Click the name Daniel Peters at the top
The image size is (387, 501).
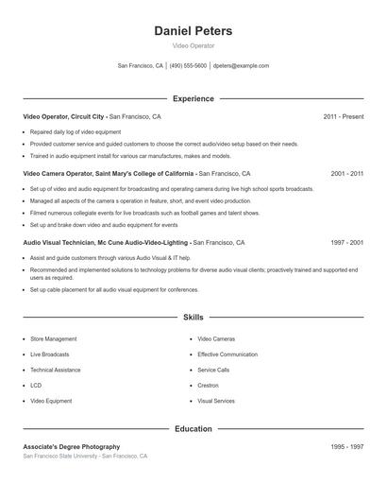[x=193, y=31]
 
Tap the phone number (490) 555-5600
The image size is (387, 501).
[x=188, y=66]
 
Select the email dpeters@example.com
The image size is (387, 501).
[x=241, y=66]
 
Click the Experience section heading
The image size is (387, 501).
[x=193, y=98]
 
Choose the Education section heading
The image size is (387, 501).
[x=193, y=429]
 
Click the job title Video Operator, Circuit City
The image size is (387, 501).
[x=64, y=116]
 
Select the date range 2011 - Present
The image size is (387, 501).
[x=343, y=116]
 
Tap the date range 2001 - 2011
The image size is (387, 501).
[x=346, y=174]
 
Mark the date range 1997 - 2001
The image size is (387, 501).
[x=346, y=243]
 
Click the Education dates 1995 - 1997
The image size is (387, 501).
[x=346, y=446]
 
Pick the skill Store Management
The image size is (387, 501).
[x=53, y=337]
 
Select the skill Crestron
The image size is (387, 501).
[x=208, y=385]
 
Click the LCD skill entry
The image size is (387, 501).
[x=36, y=385]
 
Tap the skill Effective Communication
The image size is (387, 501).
[x=227, y=354]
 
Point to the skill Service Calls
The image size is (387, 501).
[x=213, y=370]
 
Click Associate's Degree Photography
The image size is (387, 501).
[x=72, y=446]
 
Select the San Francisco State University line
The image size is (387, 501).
[x=85, y=456]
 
